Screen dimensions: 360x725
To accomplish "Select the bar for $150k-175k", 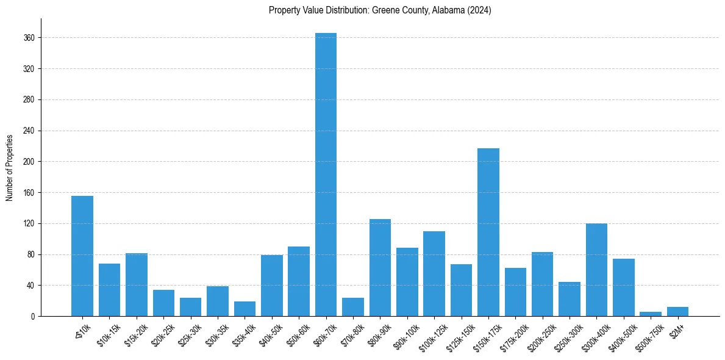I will (488, 232).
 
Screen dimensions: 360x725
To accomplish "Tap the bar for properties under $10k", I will (82, 256).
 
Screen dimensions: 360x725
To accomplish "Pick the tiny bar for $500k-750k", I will (650, 314).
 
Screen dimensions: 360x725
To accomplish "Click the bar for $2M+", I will (677, 312).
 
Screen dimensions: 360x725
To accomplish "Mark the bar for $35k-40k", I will (245, 309).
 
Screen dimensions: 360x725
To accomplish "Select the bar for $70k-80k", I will (353, 307).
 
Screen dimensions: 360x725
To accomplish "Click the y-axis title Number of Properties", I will (9, 167).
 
